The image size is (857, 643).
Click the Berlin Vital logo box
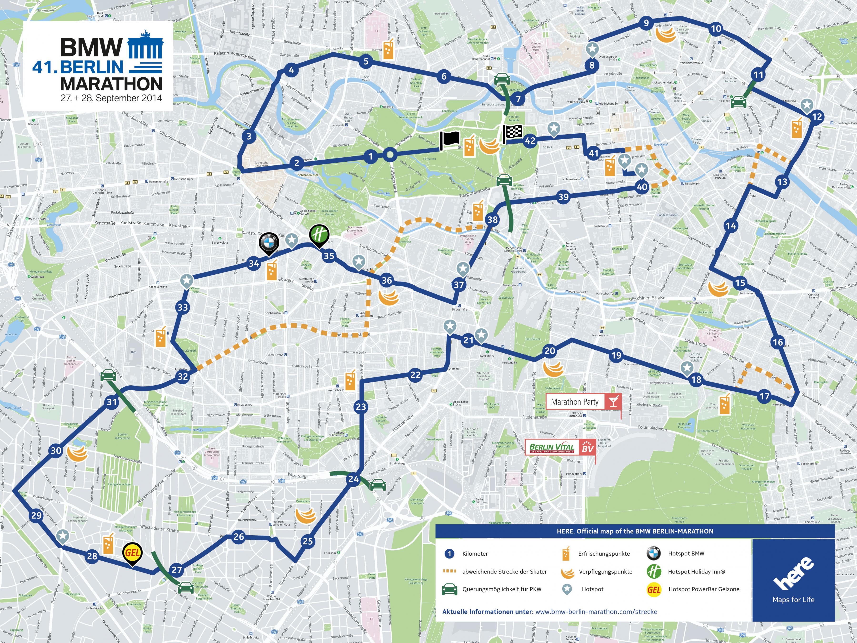click(560, 448)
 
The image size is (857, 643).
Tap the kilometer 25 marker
click(308, 541)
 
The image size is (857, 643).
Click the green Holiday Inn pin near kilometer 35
click(319, 235)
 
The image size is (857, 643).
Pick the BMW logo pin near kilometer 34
click(269, 243)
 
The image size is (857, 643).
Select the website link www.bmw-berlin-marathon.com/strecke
click(596, 612)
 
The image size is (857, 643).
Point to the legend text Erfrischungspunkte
click(604, 553)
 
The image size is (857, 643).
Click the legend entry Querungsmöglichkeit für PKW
click(501, 589)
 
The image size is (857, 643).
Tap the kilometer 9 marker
click(646, 23)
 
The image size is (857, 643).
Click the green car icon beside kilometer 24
click(378, 485)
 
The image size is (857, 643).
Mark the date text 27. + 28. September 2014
click(111, 98)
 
